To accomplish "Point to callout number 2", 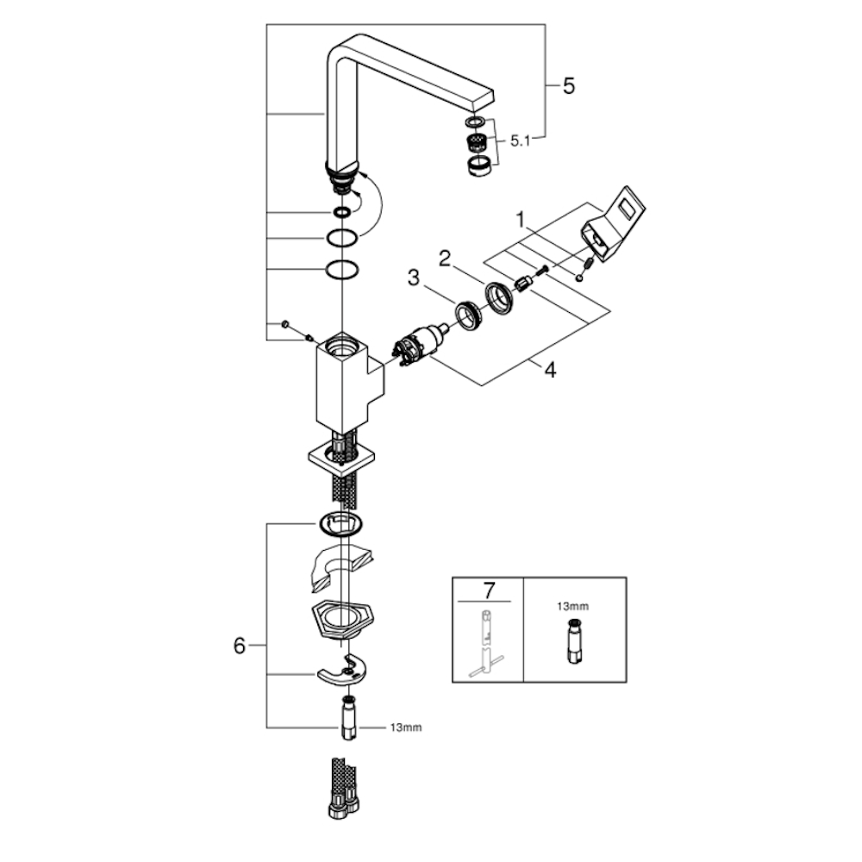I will coord(445,257).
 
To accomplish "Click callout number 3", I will coord(414,278).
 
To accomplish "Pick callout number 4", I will coord(549,370).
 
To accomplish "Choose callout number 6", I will coord(240,646).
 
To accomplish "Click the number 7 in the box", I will coord(489,590).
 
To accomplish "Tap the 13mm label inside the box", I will coord(575,606).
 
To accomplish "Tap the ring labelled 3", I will coord(467,313).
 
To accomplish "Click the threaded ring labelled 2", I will coord(498,296).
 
